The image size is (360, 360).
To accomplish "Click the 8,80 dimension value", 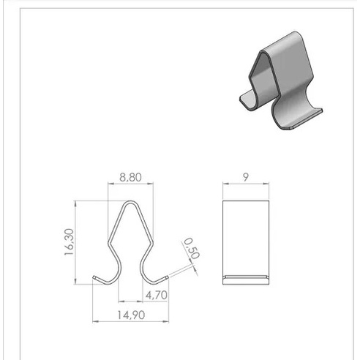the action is [x=130, y=177].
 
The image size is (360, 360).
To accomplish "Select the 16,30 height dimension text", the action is [x=69, y=242].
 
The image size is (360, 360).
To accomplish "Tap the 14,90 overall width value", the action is [x=131, y=315].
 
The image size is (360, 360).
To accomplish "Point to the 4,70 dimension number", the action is [x=157, y=295].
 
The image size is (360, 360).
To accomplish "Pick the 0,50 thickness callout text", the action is [x=192, y=248].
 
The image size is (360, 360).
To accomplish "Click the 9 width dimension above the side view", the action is [x=246, y=177].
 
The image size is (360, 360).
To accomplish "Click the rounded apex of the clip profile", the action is [x=130, y=202].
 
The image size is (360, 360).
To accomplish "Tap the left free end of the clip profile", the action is [x=94, y=277].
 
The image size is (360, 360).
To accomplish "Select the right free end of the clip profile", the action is [x=167, y=277].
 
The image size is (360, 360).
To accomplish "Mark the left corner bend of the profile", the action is [x=109, y=242].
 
